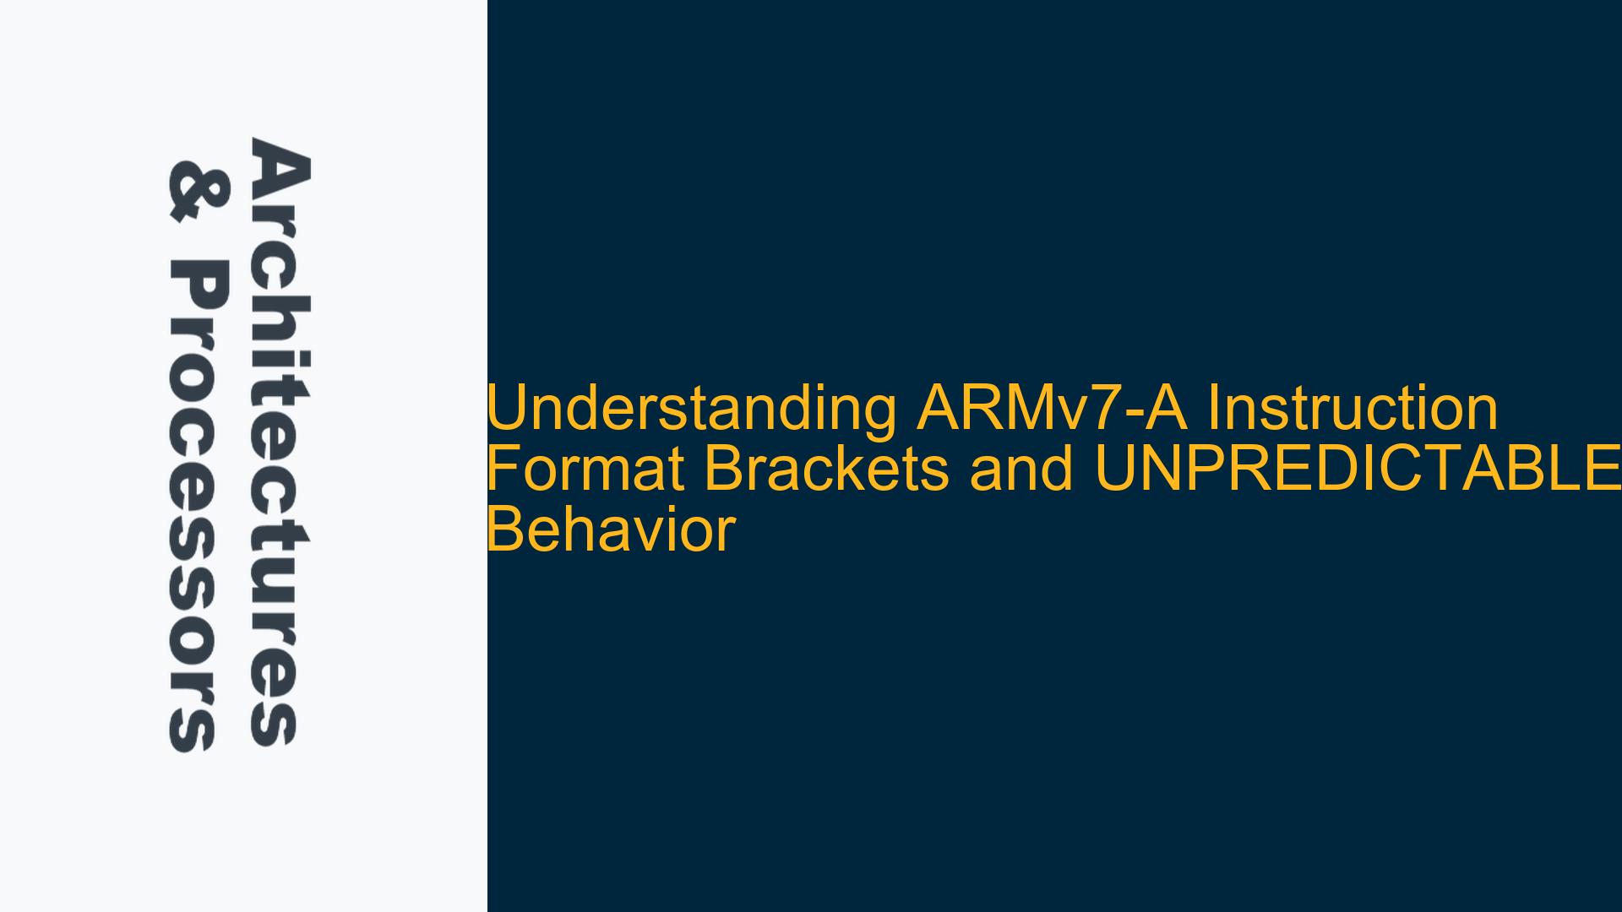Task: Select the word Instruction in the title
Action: coord(1352,409)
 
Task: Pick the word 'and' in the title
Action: coord(1021,470)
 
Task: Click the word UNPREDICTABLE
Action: coord(1357,470)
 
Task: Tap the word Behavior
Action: coord(611,530)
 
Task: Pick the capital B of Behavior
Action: coord(504,530)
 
